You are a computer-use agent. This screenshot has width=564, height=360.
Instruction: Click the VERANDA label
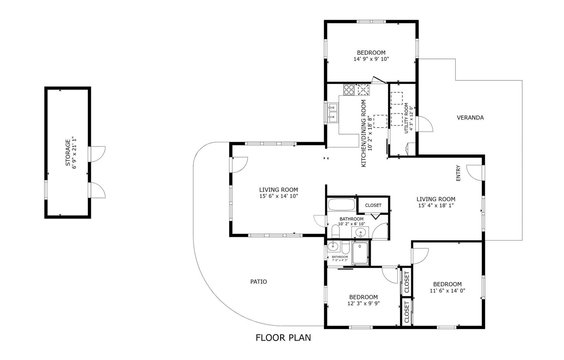pos(470,118)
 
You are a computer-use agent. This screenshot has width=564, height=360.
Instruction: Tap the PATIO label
pos(258,282)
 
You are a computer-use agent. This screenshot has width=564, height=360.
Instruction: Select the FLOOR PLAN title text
pos(283,337)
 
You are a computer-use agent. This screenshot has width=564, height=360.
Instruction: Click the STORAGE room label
pos(68,153)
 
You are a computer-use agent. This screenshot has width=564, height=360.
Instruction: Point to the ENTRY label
pos(458,173)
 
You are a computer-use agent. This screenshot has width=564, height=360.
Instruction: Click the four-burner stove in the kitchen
pos(349,90)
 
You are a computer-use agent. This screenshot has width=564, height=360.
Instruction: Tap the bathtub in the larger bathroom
pos(342,205)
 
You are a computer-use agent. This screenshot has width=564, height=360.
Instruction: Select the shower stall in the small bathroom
pos(360,253)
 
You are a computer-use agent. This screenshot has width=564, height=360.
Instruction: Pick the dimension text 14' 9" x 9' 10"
pos(371,59)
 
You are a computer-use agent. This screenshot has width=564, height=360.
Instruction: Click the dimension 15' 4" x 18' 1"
pos(436,205)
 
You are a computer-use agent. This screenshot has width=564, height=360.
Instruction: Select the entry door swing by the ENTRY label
pos(474,173)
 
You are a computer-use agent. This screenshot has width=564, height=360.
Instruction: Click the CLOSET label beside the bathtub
pos(373,205)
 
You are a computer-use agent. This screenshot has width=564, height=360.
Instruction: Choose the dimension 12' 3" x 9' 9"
pos(363,304)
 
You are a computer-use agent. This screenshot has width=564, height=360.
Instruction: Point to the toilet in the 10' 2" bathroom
pos(335,231)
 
